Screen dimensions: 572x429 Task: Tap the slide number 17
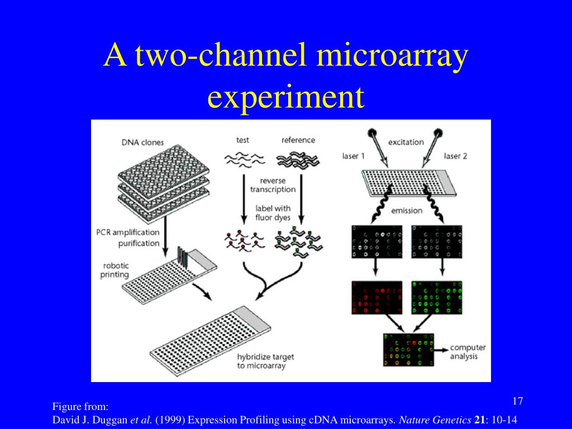[x=517, y=401]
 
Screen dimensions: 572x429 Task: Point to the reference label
[x=298, y=140]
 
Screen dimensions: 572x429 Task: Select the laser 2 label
[x=455, y=156]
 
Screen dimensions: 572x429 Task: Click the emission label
[x=406, y=211]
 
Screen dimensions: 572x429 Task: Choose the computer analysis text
[x=468, y=352]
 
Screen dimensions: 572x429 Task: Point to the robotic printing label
[x=115, y=270]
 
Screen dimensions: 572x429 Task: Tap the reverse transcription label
[x=273, y=185]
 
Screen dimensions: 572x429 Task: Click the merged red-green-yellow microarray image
[x=408, y=350]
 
